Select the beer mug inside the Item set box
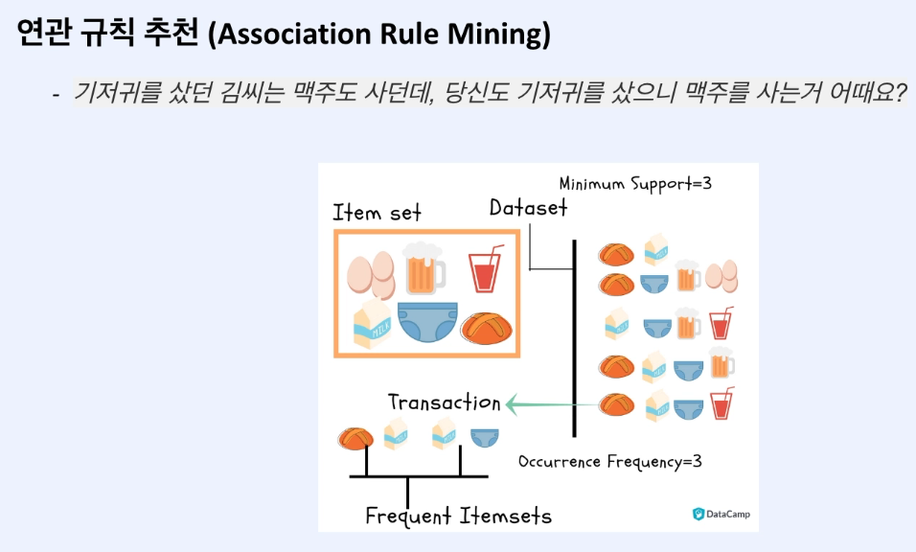tap(424, 268)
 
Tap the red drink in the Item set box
tap(485, 270)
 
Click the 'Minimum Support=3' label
tap(635, 183)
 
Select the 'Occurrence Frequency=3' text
tap(610, 461)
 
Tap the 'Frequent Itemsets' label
tap(459, 516)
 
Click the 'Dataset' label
tap(528, 207)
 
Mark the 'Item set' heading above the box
tap(377, 212)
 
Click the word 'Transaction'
tap(444, 402)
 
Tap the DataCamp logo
tap(721, 514)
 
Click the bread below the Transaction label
tap(355, 438)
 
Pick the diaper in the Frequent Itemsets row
tap(485, 436)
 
